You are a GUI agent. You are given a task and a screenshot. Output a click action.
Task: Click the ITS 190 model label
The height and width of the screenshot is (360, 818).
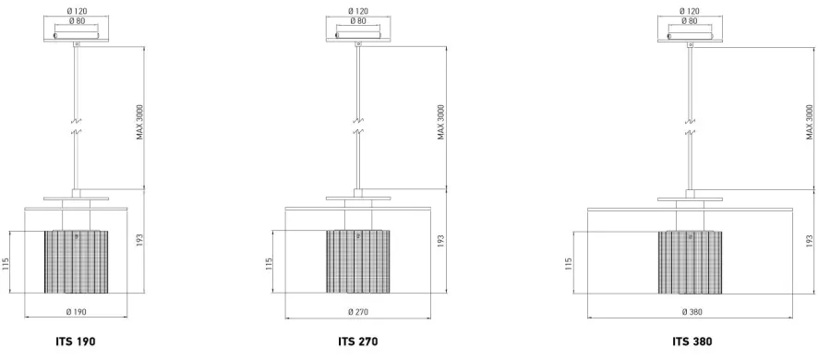[x=76, y=342]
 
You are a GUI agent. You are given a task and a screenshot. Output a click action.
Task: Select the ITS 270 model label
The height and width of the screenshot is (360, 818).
[x=358, y=342]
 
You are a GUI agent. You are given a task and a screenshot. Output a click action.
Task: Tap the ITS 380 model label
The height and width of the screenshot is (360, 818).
[x=692, y=342]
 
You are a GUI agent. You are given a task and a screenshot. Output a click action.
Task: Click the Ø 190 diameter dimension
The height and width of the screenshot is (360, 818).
[x=76, y=312]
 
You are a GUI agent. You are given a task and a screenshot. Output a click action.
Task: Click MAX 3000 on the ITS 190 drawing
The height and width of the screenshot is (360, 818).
[x=139, y=123]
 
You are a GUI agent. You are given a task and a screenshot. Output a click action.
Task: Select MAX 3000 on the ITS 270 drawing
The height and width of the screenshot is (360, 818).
[x=441, y=123]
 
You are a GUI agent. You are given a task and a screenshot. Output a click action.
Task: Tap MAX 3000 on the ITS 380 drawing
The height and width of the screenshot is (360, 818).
[x=810, y=123]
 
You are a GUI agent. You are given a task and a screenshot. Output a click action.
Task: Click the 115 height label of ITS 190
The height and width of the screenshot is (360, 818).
[x=6, y=262]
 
